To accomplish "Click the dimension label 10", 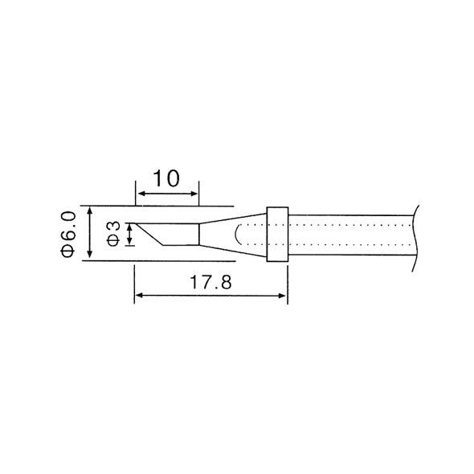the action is (x=166, y=178).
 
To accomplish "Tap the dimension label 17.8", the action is (x=210, y=282).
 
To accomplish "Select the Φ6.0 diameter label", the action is (x=67, y=235).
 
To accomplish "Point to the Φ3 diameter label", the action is (x=113, y=234).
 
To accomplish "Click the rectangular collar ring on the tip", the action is (x=277, y=235).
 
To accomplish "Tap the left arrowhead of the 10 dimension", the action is (x=141, y=194).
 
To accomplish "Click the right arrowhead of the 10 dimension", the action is (x=193, y=194).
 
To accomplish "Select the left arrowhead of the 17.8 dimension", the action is (x=139, y=296).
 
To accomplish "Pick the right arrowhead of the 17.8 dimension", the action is (x=282, y=296).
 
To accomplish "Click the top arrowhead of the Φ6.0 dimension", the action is (x=89, y=211).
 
